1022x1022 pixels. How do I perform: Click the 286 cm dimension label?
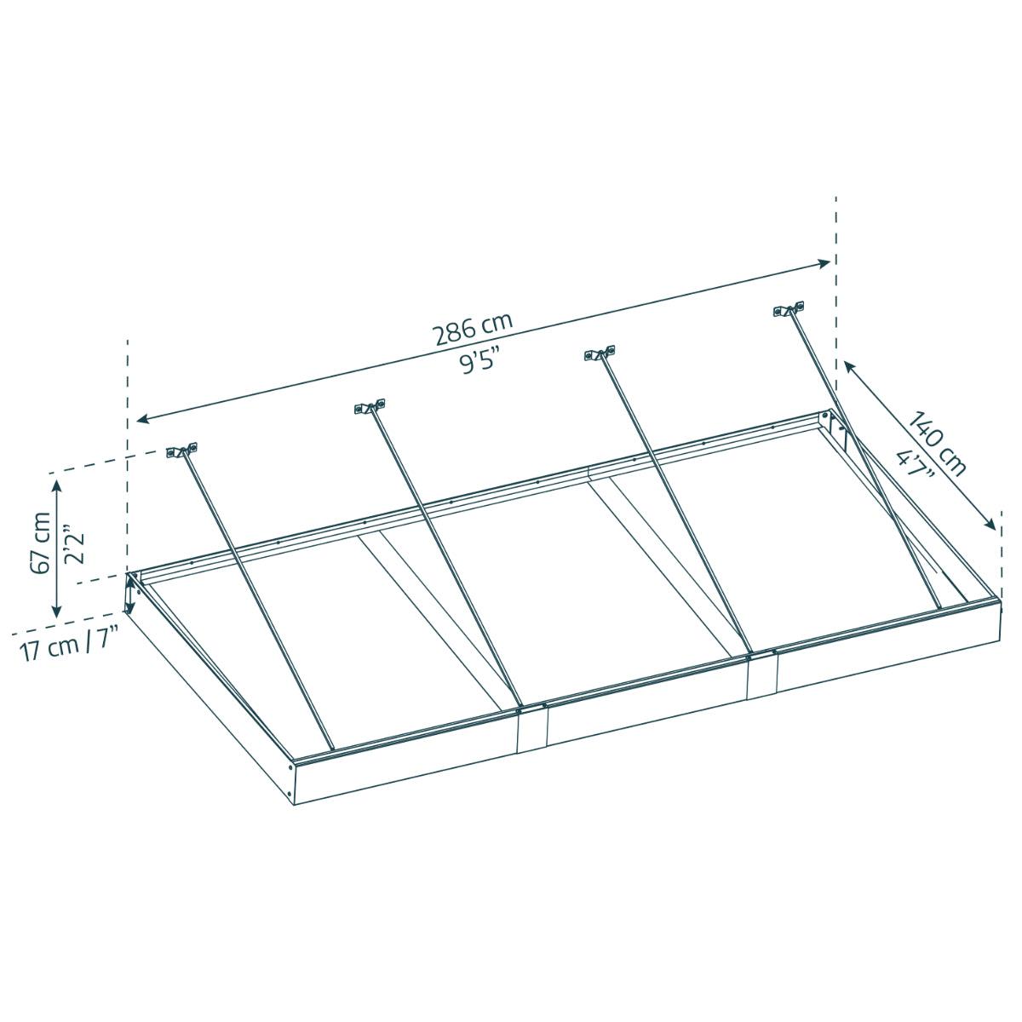(474, 330)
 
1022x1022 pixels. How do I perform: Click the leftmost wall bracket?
(182, 451)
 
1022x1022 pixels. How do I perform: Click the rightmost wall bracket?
(789, 310)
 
